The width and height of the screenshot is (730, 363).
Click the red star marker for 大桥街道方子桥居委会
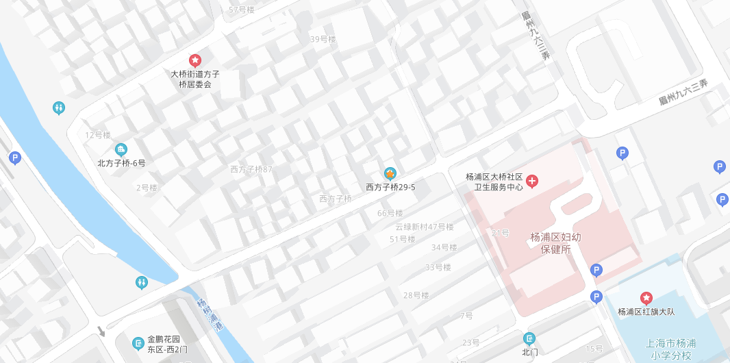click(195, 60)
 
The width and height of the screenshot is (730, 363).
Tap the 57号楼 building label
click(242, 10)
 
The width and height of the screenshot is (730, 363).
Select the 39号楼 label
click(323, 39)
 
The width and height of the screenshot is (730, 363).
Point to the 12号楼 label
click(98, 135)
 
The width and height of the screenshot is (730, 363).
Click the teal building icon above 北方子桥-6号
click(121, 149)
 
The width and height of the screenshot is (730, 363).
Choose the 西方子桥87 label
click(251, 169)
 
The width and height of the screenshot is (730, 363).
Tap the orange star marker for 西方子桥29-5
click(390, 173)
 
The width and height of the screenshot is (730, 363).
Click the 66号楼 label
click(390, 213)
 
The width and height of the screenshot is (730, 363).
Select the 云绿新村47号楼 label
click(424, 227)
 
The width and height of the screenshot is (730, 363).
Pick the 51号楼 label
click(403, 239)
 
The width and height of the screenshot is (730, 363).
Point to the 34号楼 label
click(444, 247)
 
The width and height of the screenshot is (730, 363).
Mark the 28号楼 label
click(416, 295)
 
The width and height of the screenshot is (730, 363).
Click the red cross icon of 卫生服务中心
click(532, 181)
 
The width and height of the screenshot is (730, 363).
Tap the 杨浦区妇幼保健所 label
click(556, 243)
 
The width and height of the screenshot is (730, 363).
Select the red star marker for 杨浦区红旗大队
click(646, 298)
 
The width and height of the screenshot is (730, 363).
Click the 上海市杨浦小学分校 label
click(668, 349)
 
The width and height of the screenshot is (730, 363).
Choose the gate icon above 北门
click(529, 338)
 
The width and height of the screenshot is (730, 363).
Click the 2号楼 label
click(147, 188)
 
